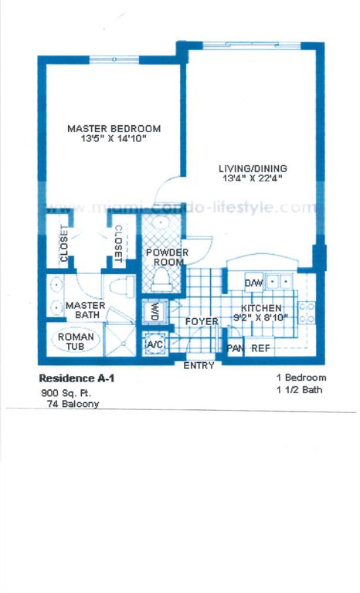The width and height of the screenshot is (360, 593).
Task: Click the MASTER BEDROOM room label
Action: click(114, 129)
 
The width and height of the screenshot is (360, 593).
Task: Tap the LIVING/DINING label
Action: click(253, 168)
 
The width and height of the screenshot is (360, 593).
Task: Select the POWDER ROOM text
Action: click(168, 257)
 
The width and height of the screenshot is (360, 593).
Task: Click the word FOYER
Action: click(202, 322)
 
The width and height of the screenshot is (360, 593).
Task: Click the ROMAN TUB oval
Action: click(76, 341)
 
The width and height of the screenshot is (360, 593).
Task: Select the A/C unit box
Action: click(155, 345)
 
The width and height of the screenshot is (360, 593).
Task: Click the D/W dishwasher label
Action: click(253, 283)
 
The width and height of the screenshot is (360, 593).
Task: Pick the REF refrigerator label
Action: click(261, 348)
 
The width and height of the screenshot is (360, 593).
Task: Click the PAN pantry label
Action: click(235, 348)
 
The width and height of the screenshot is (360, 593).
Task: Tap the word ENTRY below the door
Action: click(199, 366)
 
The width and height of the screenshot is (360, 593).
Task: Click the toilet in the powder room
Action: click(161, 279)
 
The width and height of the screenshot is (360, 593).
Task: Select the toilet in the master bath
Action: click(122, 286)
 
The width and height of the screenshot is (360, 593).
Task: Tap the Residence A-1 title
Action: click(76, 378)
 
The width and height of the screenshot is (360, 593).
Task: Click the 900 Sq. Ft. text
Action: click(66, 393)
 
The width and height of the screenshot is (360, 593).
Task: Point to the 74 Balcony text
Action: click(73, 404)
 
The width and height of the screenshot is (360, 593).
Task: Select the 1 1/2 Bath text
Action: click(300, 390)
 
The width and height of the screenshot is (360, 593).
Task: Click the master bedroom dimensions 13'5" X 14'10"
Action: click(114, 138)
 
